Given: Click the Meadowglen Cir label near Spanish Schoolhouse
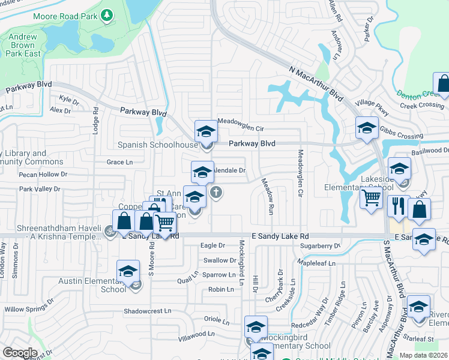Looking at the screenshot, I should [x=241, y=128].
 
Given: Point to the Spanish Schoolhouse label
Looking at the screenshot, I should [x=158, y=145].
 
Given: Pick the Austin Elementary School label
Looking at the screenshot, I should [x=92, y=284].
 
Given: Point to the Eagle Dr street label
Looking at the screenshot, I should [x=212, y=245].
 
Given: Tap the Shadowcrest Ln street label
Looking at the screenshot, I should [x=148, y=311].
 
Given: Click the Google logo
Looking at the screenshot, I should [x=20, y=352].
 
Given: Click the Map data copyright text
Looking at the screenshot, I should [x=424, y=355].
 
